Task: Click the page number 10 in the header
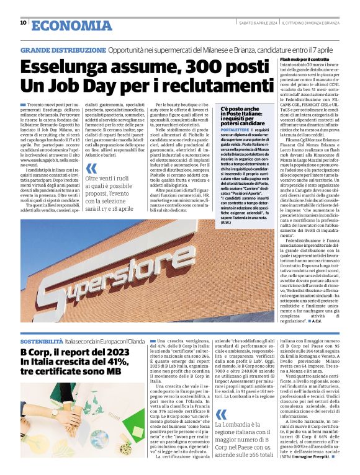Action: (x=23, y=23)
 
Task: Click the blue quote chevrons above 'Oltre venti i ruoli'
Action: (x=91, y=168)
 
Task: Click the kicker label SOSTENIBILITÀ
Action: (x=42, y=341)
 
